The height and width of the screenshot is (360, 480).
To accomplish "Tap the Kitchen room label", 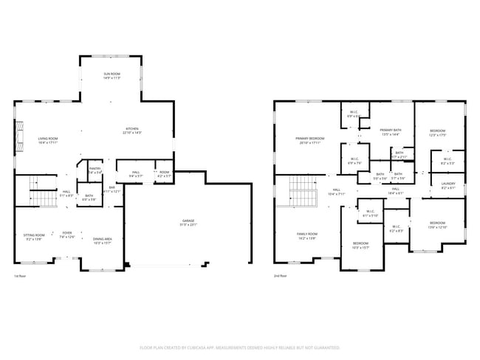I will pyautogui.click(x=132, y=131).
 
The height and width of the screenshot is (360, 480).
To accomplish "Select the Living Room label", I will pyautogui.click(x=49, y=140).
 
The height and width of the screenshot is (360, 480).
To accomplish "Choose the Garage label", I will pyautogui.click(x=188, y=223).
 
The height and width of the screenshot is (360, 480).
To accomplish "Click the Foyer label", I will pyautogui.click(x=67, y=235).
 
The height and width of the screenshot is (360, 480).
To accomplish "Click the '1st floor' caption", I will pyautogui.click(x=20, y=276).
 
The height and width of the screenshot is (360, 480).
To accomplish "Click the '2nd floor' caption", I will pyautogui.click(x=280, y=276).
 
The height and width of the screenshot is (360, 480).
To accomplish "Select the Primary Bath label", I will pyautogui.click(x=391, y=132).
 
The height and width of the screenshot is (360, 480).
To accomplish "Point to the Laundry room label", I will pyautogui.click(x=448, y=186).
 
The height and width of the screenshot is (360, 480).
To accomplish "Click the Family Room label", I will pyautogui.click(x=307, y=236).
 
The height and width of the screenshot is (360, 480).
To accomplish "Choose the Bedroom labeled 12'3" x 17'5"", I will pyautogui.click(x=438, y=133).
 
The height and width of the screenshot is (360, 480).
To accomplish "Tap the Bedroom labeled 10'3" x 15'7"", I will pyautogui.click(x=360, y=245).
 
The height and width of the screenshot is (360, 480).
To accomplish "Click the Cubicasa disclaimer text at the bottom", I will pyautogui.click(x=240, y=347).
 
